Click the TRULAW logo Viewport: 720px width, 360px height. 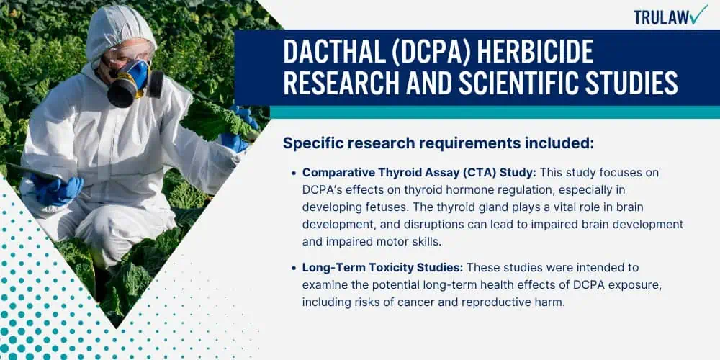pyautogui.click(x=671, y=15)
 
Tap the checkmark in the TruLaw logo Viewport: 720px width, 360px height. pyautogui.click(x=699, y=14)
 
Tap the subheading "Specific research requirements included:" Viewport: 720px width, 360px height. pyautogui.click(x=438, y=143)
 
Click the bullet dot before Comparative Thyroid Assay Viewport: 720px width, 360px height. pyautogui.click(x=294, y=173)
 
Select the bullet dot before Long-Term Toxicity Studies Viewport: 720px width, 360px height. pyautogui.click(x=294, y=268)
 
